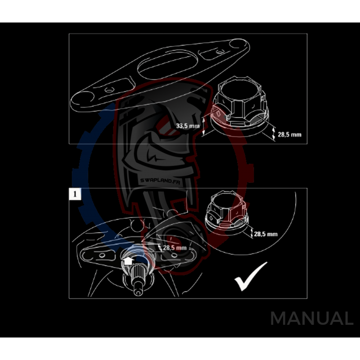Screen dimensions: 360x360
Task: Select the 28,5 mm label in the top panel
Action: (x=289, y=134)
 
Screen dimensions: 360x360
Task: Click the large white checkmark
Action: (x=250, y=276)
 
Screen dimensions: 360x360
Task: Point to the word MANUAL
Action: (x=311, y=319)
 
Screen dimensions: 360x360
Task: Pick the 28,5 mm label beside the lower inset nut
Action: (x=265, y=234)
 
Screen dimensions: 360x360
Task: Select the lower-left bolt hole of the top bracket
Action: (x=108, y=90)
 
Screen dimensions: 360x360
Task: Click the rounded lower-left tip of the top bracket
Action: (x=83, y=99)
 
